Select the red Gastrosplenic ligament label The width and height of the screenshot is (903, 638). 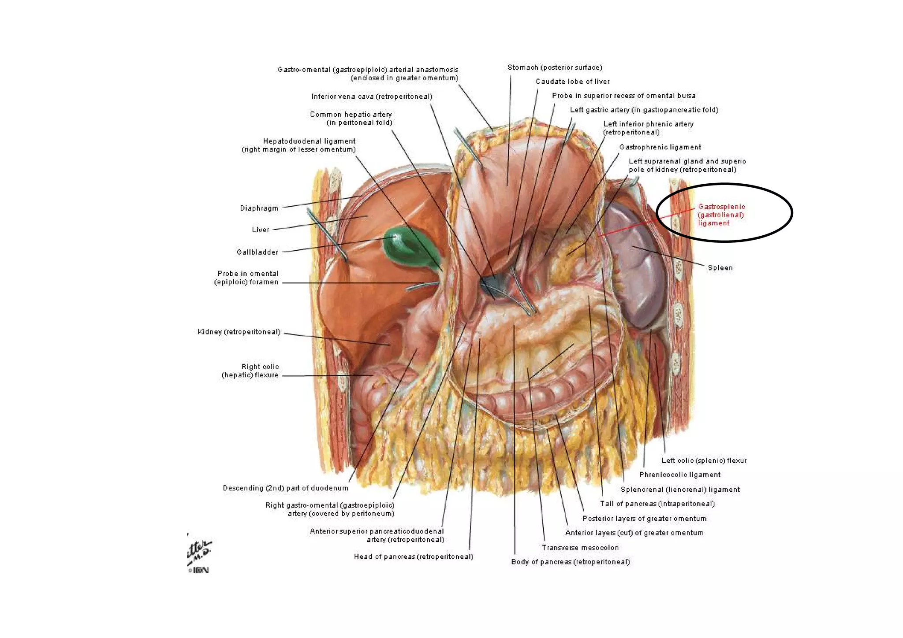pyautogui.click(x=721, y=215)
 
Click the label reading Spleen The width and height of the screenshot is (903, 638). pyautogui.click(x=720, y=268)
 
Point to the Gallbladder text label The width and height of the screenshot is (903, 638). pyautogui.click(x=257, y=252)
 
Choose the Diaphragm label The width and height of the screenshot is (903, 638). pyautogui.click(x=259, y=208)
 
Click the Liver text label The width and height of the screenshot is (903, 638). pyautogui.click(x=261, y=230)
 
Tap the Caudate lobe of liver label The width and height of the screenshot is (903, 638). pyautogui.click(x=572, y=82)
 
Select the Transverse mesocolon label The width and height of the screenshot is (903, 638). pyautogui.click(x=580, y=548)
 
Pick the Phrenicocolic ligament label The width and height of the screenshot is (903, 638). pyautogui.click(x=679, y=475)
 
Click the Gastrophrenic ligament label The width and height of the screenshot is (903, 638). pyautogui.click(x=660, y=147)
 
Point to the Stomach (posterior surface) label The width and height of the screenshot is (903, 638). pyautogui.click(x=554, y=67)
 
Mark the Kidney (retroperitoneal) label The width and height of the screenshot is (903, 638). pyautogui.click(x=239, y=332)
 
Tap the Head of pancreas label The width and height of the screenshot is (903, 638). pyautogui.click(x=413, y=557)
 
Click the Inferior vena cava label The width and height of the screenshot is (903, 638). pyautogui.click(x=372, y=96)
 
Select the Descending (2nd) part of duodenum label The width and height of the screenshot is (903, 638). pyautogui.click(x=285, y=488)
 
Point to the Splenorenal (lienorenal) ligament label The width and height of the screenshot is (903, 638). pyautogui.click(x=680, y=490)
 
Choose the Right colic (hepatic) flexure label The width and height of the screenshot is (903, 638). pyautogui.click(x=250, y=371)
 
